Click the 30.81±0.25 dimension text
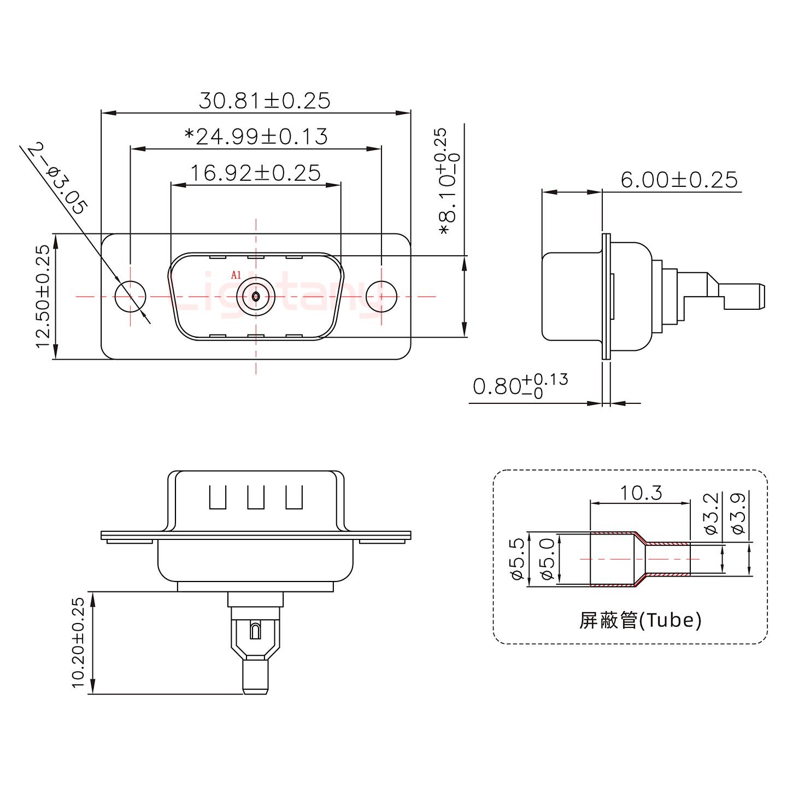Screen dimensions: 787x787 [264, 101]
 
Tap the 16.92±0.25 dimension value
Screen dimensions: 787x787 [255, 173]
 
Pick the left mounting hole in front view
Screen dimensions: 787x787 [131, 296]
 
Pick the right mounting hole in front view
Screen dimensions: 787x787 [381, 296]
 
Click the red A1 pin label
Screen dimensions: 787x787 [236, 275]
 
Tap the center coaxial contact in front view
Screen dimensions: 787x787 [256, 296]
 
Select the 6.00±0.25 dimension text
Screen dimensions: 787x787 [679, 180]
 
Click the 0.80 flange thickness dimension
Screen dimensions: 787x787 [519, 385]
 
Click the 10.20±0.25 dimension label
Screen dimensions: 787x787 [78, 643]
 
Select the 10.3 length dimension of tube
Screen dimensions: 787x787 [641, 493]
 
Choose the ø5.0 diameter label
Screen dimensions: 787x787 [548, 559]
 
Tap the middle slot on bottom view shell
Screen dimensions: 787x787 [255, 497]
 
